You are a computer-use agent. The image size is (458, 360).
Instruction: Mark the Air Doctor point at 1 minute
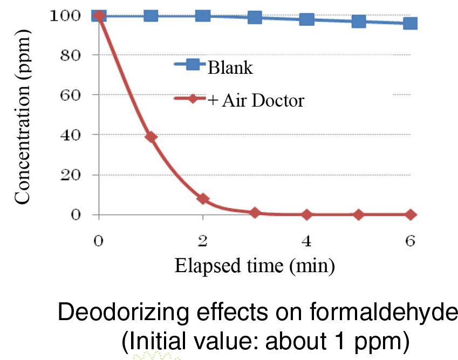click(151, 137)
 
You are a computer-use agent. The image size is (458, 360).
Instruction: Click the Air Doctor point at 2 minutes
click(203, 199)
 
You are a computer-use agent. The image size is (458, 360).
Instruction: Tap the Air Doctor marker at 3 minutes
click(255, 212)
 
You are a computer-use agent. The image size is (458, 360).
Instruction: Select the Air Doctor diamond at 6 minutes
click(411, 214)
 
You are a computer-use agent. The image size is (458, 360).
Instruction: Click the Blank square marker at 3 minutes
click(255, 17)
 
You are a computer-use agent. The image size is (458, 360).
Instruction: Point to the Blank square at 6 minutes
click(411, 23)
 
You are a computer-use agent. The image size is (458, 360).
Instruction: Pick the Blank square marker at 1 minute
click(151, 15)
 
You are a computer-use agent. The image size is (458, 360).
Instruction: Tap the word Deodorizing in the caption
click(111, 314)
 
